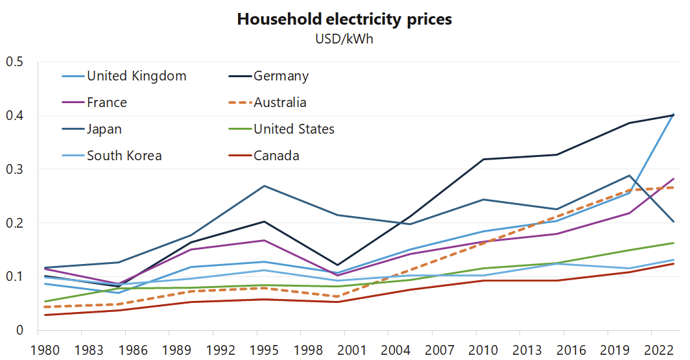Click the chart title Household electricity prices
click(344, 19)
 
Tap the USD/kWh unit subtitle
click(344, 39)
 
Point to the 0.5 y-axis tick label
click(14, 62)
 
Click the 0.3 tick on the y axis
click(14, 169)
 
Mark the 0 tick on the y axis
click(19, 330)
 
